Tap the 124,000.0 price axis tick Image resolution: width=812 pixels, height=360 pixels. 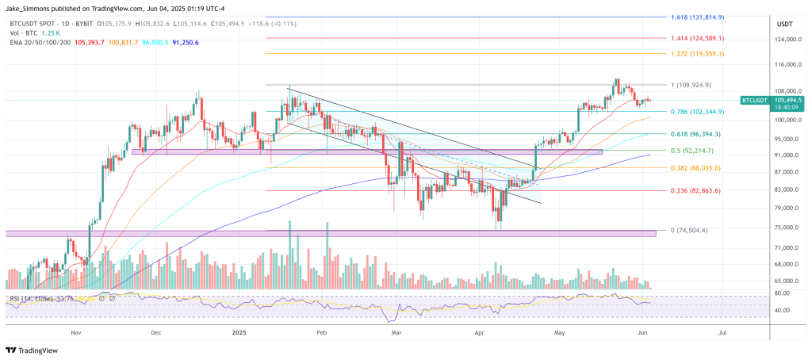784,40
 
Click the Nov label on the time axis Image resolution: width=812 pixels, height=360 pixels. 77,335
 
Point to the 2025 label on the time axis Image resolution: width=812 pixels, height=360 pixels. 239,335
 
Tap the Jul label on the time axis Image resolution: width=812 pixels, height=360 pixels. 722,335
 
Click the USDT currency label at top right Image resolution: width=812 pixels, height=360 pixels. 785,23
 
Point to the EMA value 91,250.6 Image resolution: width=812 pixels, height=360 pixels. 182,42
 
